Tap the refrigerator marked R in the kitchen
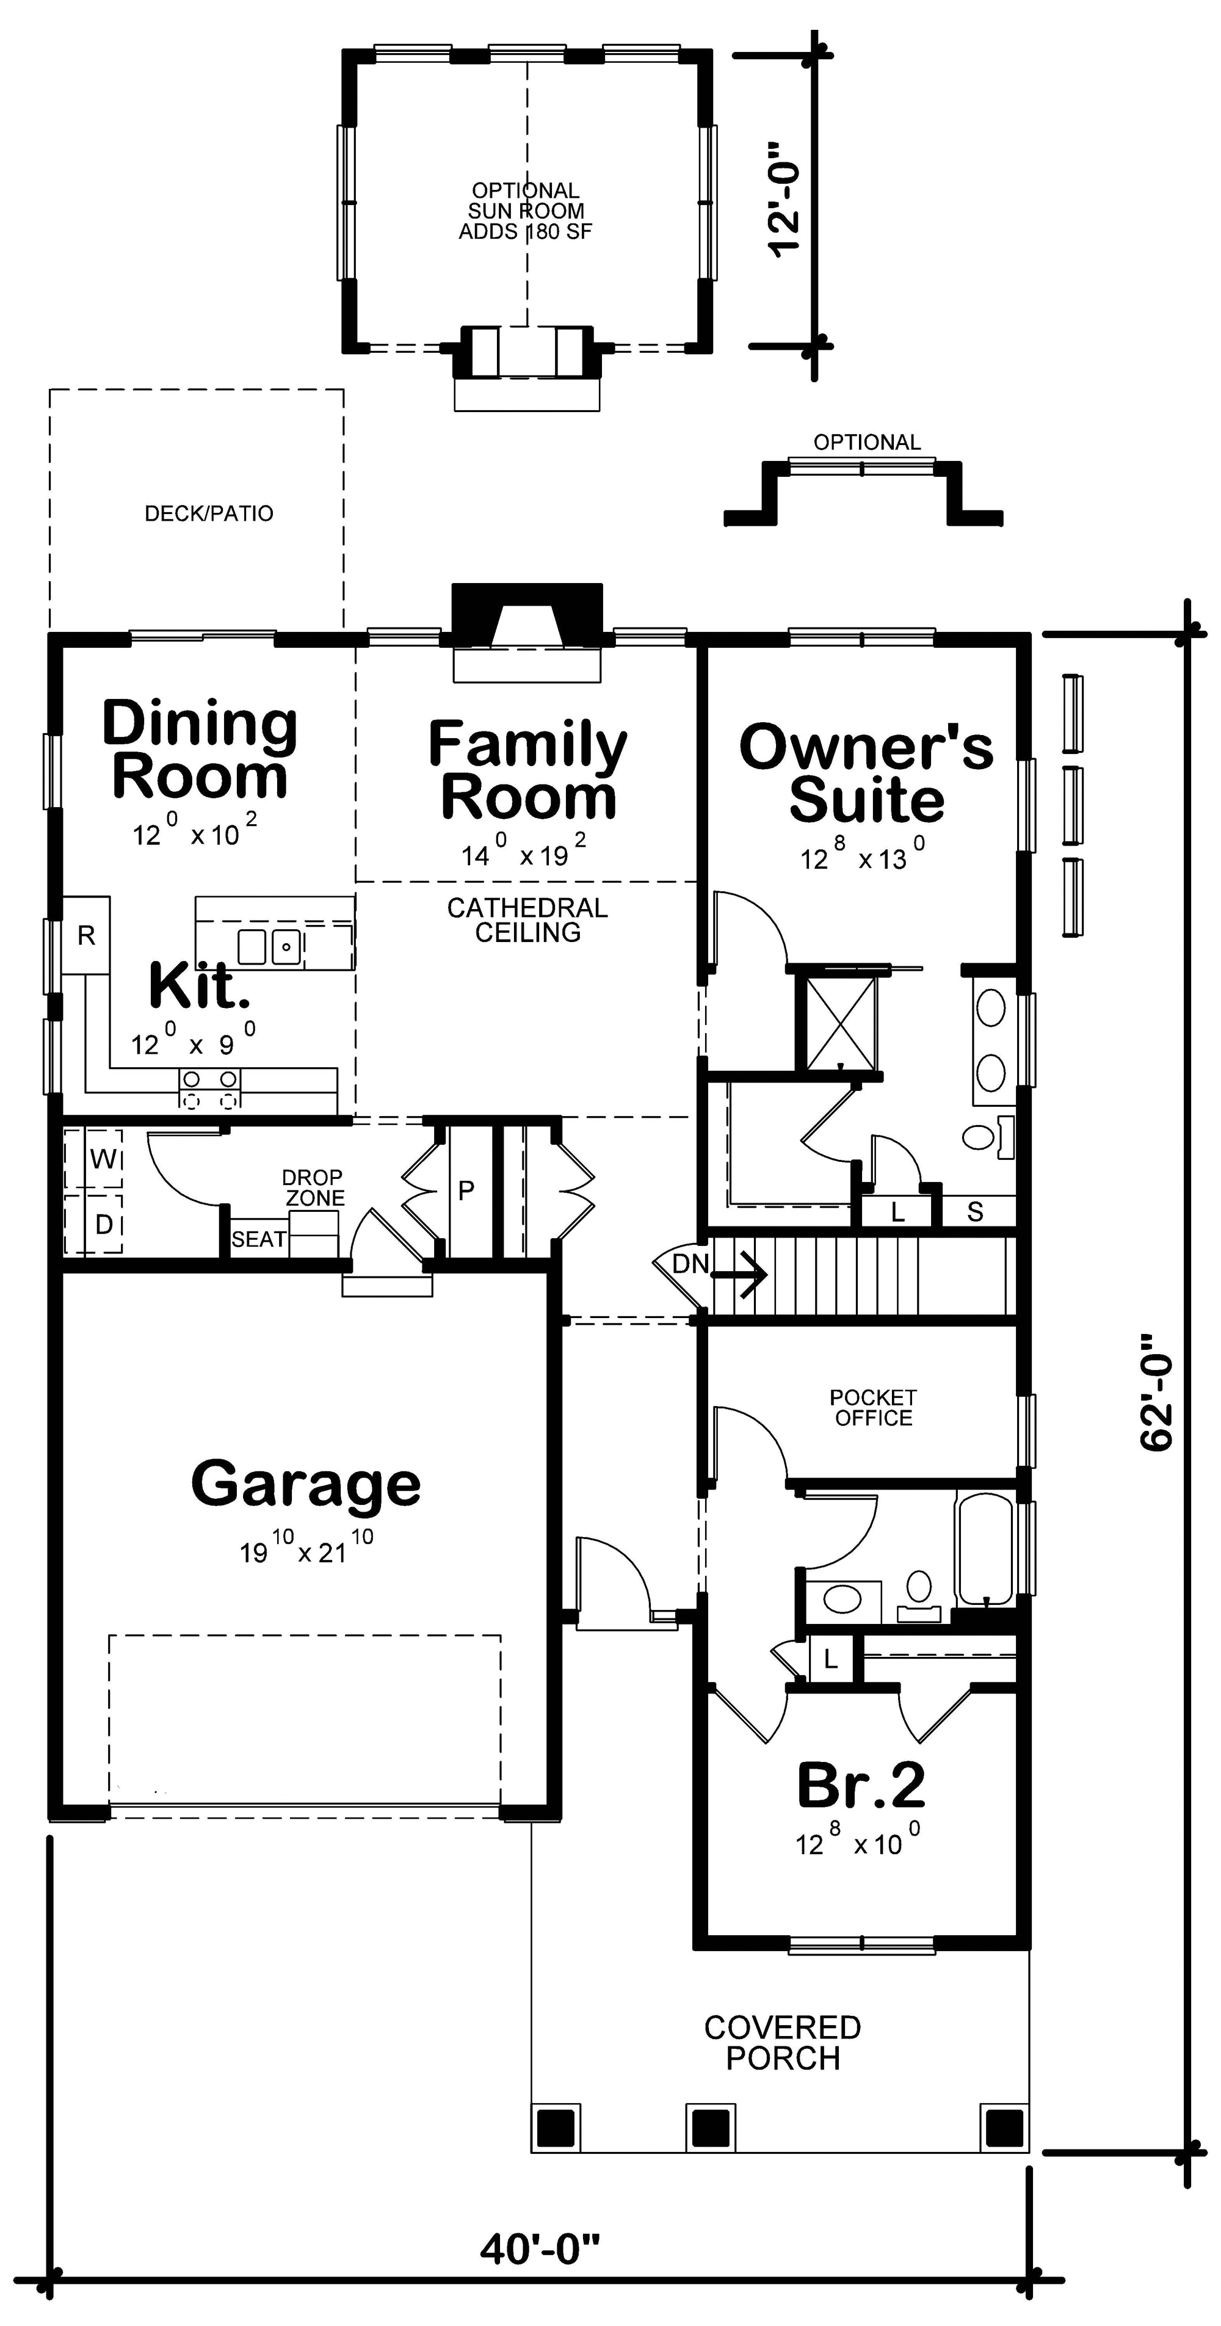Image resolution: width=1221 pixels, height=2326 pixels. pos(86,935)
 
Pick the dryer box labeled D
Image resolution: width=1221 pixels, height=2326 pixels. pos(103,1225)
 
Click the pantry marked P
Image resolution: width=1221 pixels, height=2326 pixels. pos(466,1190)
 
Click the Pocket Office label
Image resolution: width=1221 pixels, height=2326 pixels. pos(872,1408)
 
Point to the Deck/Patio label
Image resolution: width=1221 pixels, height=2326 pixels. pos(209,514)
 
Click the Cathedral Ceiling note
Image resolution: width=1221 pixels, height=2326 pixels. pos(527,919)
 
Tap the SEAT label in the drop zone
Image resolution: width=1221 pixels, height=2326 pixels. pos(258,1239)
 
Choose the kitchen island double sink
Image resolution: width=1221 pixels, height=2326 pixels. pos(269,946)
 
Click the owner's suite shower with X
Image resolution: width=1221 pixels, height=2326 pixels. pos(841,1022)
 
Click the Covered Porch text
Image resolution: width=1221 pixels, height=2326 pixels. pos(782,2043)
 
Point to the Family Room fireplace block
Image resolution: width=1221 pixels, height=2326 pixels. pos(526,616)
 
